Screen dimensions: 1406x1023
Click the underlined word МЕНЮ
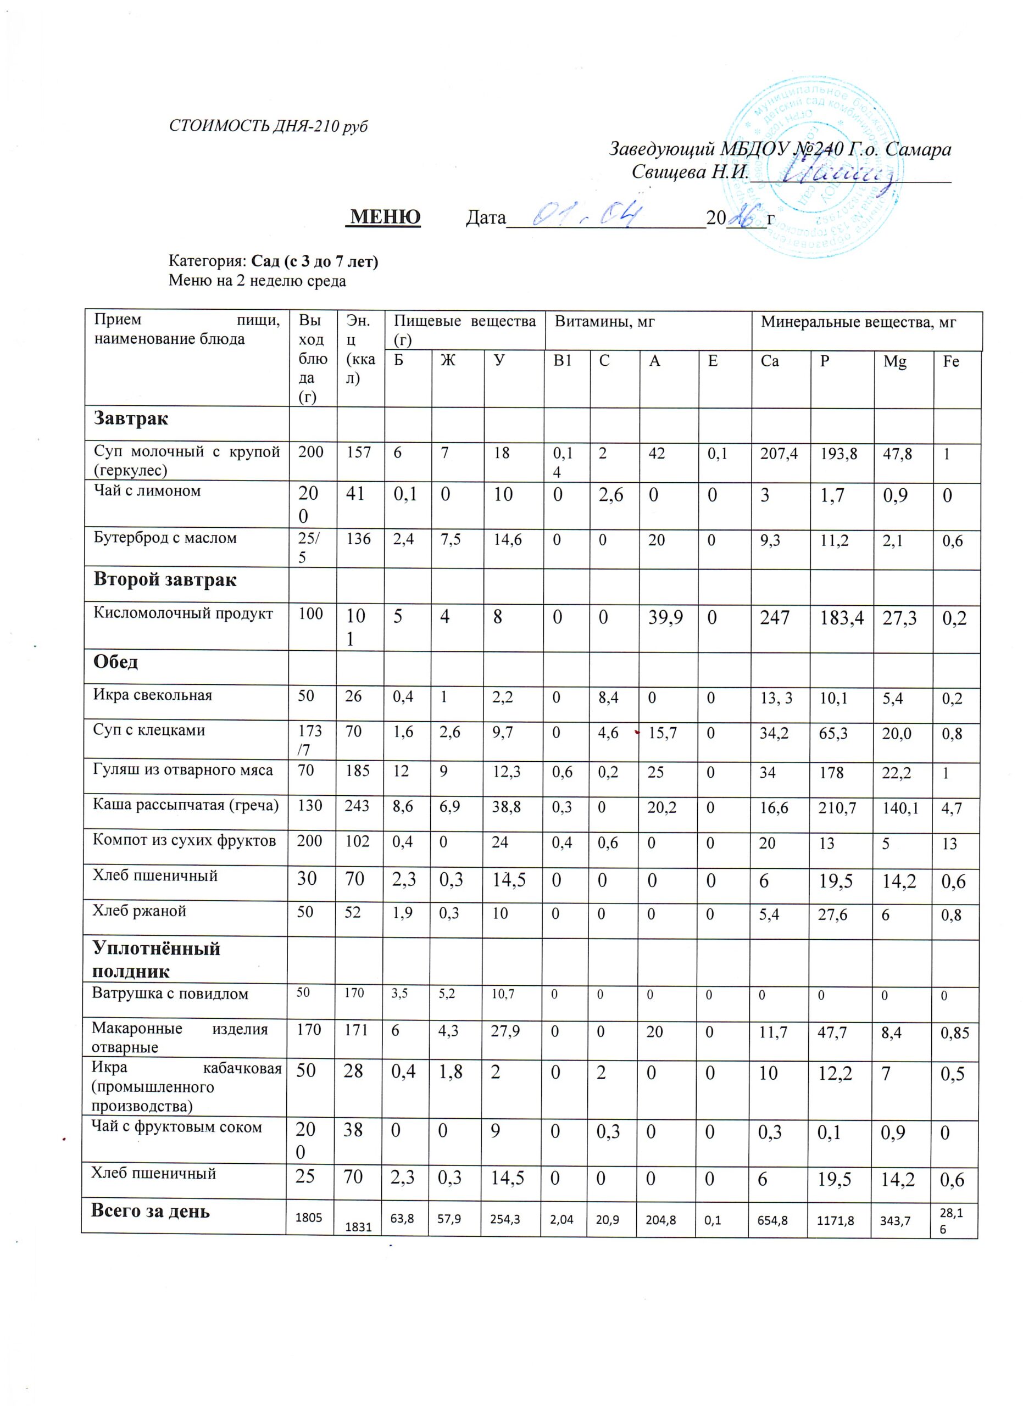[x=385, y=217]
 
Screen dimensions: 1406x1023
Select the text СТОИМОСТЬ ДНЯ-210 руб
[x=269, y=126]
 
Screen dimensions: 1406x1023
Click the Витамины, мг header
[x=604, y=322]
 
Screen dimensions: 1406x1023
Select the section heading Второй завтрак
[x=165, y=581]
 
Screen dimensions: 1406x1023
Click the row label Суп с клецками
[x=149, y=730]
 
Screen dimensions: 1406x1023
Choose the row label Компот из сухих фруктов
[x=184, y=841]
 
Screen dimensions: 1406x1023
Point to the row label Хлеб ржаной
[x=139, y=911]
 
